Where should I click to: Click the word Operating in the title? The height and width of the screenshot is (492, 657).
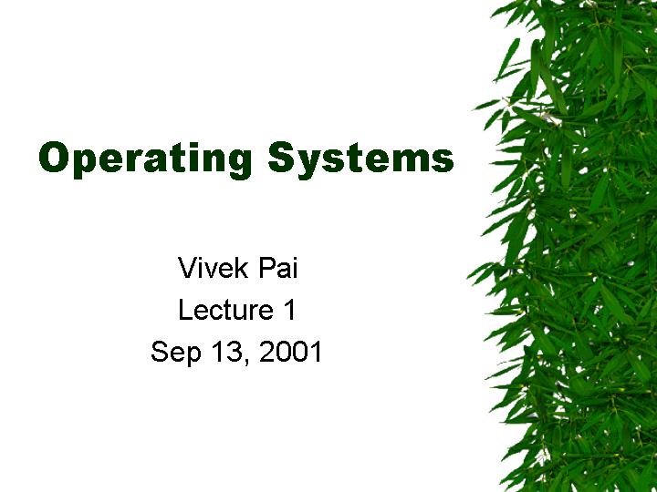click(x=145, y=159)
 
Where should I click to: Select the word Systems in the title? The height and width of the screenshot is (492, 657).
click(x=361, y=159)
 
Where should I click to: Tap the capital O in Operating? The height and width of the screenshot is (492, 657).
click(x=53, y=157)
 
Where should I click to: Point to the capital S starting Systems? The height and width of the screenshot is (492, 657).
click(x=282, y=157)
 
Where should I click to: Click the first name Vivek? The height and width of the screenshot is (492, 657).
click(x=214, y=268)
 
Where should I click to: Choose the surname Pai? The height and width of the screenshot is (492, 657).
click(x=278, y=268)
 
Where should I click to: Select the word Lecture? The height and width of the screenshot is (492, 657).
click(x=226, y=310)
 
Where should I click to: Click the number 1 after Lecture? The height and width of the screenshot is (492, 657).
click(x=289, y=310)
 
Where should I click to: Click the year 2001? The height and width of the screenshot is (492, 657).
click(x=290, y=352)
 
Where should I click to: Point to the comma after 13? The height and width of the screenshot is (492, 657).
click(x=245, y=362)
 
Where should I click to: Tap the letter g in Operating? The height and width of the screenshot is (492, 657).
click(x=239, y=164)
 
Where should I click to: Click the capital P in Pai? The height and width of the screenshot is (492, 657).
click(x=267, y=268)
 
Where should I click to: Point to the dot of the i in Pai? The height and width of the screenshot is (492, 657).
click(x=295, y=259)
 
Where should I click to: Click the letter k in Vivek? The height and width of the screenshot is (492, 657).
click(x=242, y=268)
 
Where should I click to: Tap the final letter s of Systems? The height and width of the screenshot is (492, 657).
click(x=443, y=160)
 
